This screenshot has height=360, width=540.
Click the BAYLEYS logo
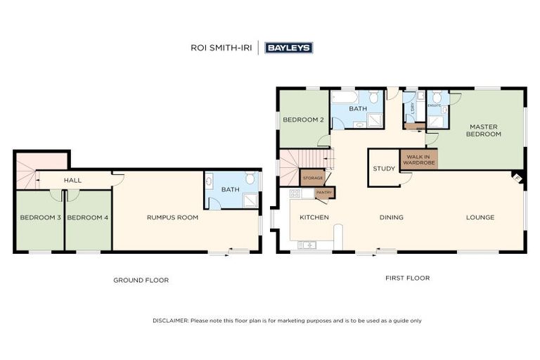(288, 48)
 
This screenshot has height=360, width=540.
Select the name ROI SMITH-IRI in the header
(223, 48)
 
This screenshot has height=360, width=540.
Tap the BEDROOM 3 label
(39, 217)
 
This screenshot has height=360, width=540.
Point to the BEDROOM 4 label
(87, 217)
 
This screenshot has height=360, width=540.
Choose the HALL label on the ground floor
(72, 181)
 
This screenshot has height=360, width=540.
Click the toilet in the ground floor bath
(250, 179)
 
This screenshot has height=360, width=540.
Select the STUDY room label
(384, 169)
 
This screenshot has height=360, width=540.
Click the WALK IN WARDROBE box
(418, 159)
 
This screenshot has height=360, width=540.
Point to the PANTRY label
(324, 192)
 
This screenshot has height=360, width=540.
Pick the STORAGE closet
(313, 178)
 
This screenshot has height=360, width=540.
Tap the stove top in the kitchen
(295, 193)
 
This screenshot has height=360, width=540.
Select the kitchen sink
(308, 245)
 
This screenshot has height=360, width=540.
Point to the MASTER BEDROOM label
(484, 129)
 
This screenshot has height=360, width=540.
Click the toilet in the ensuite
(436, 98)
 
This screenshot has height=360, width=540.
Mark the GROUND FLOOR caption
(141, 280)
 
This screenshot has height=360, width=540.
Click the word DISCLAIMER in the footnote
(170, 321)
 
